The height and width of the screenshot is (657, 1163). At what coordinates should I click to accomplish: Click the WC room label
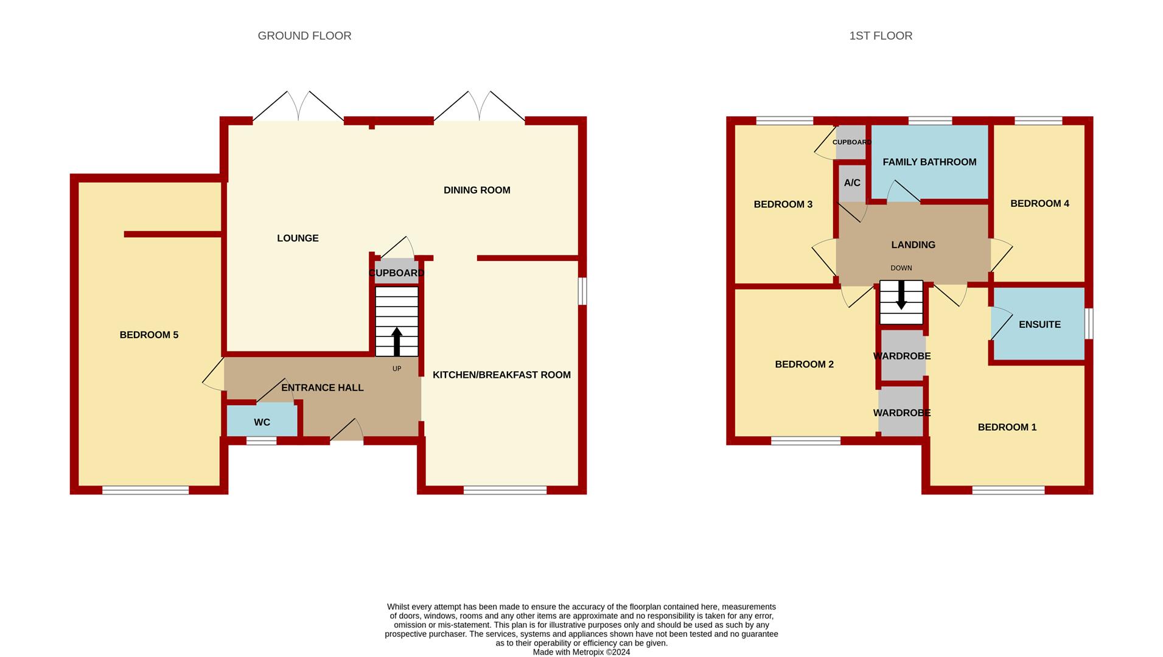point(262,422)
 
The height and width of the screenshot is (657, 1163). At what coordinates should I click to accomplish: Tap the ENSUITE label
point(1039,324)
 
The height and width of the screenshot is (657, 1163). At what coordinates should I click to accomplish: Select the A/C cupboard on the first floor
point(852,183)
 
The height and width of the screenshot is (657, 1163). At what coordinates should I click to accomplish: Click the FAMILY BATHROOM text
point(929,162)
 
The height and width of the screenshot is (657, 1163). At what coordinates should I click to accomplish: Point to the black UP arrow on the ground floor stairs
point(397,342)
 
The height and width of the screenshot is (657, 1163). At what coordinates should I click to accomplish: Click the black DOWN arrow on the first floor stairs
point(901,294)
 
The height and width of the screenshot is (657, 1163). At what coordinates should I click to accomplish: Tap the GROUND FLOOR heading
point(304,36)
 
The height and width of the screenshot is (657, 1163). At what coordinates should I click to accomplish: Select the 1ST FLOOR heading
point(881,36)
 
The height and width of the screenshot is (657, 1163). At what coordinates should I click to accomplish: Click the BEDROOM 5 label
point(149,335)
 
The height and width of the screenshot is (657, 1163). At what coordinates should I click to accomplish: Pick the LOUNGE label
point(298,238)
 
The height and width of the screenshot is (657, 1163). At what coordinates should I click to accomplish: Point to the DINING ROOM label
point(477,190)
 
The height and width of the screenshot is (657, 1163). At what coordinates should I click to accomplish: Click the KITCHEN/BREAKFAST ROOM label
point(501,375)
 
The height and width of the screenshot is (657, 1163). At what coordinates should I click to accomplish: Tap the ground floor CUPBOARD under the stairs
point(396,271)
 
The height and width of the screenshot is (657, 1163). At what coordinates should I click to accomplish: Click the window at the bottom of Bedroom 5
point(145,490)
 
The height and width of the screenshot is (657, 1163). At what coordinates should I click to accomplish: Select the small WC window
point(261,441)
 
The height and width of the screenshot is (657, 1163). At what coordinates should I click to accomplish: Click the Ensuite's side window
point(1089,324)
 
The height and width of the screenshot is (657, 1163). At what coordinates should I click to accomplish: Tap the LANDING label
point(913,245)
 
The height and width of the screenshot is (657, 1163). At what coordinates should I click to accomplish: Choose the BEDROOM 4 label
point(1039,203)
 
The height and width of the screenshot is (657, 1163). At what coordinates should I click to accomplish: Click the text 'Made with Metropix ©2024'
point(581,652)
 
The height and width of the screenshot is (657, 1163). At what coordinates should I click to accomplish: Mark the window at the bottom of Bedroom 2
point(806,440)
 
